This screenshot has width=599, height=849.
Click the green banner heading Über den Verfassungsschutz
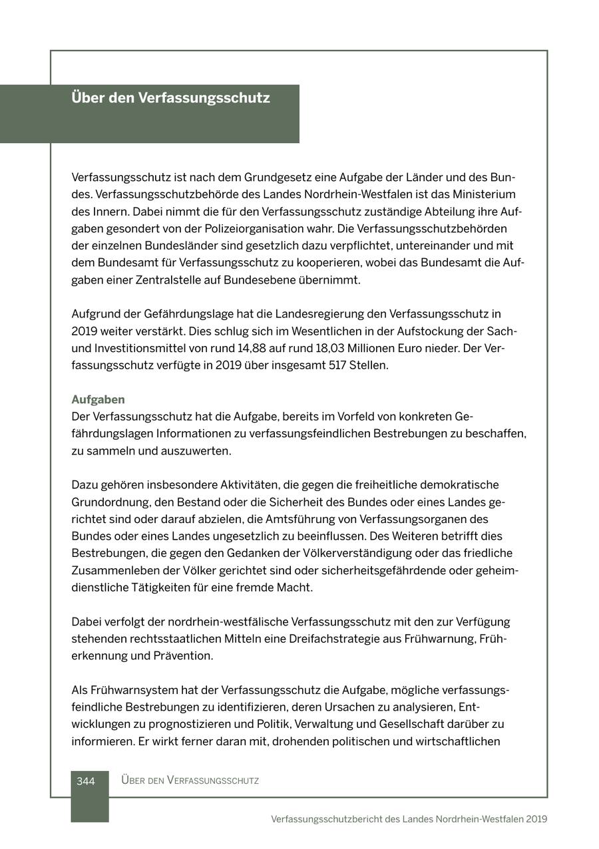click(170, 98)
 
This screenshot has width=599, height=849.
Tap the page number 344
click(86, 781)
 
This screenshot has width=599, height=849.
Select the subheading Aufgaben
click(98, 400)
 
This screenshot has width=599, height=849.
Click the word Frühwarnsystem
click(133, 690)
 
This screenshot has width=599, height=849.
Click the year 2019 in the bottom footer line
click(536, 819)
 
